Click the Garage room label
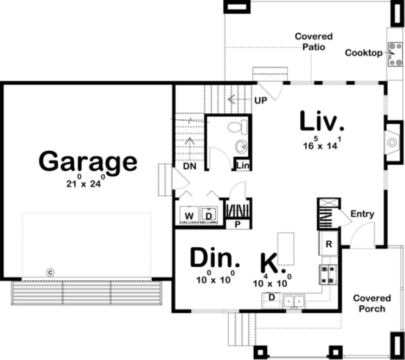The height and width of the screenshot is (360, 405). pos(88,162)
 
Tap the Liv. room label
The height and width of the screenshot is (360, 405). pos(322,123)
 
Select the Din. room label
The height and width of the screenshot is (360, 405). pos(215,259)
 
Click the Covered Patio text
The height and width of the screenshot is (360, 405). pos(313,42)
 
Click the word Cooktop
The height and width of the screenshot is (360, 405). pos(363,53)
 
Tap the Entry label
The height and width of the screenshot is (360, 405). pos(362,214)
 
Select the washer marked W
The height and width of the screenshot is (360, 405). pos(189,216)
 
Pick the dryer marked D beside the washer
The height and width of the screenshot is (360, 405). pos(209,216)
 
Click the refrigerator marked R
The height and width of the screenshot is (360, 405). pos(328,244)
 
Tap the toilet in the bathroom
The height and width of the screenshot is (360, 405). pos(237,128)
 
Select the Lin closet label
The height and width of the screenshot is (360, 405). pos(242,166)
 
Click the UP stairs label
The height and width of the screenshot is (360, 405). pos(260,101)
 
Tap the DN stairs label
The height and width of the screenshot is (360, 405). pos(189,166)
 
